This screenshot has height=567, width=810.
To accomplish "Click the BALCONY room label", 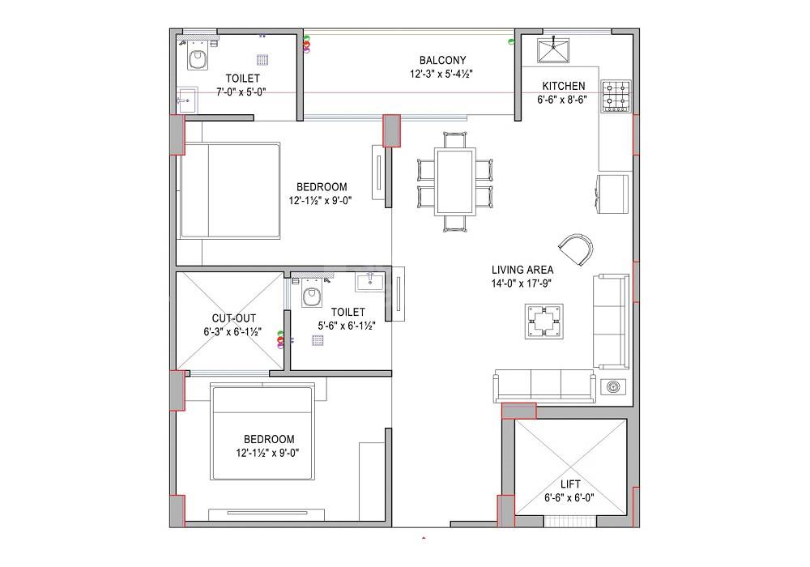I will tap(441, 60).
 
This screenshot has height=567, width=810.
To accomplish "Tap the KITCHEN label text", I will tap(563, 86).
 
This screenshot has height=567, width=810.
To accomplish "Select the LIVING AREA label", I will tap(522, 270).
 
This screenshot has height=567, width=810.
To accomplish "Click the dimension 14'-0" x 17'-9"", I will tap(522, 283).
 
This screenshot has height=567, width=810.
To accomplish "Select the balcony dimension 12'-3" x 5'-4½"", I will tap(441, 74).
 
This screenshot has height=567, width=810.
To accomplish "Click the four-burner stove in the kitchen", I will tap(615, 95).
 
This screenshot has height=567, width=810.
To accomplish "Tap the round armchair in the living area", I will tap(577, 248).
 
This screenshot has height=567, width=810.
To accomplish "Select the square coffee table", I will tap(544, 322).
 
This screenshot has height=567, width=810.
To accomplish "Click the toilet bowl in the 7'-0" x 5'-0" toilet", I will tap(197, 58).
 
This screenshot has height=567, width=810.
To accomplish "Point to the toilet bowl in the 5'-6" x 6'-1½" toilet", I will tap(312, 297).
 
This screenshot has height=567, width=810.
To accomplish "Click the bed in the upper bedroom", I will tap(230, 190).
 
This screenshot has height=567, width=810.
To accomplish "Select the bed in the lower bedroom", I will tap(262, 435).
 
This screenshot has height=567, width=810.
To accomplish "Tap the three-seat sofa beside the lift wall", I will tap(544, 386).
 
